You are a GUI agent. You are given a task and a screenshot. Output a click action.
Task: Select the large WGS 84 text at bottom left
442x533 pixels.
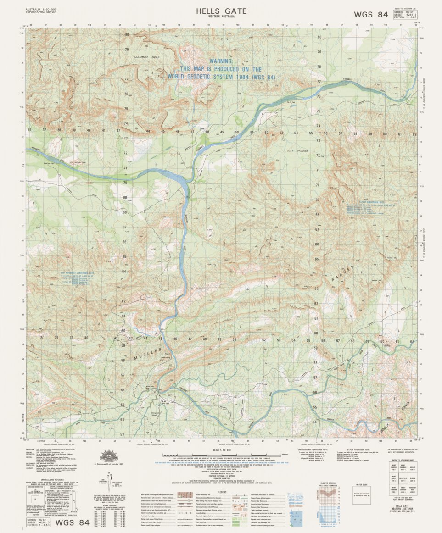tap(72, 522)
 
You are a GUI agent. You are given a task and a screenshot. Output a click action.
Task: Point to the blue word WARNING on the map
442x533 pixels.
tap(221, 61)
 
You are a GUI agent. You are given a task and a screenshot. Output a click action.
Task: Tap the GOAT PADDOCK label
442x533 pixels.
tap(298, 150)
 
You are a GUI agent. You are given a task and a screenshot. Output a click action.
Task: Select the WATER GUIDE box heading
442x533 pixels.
tap(362, 484)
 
